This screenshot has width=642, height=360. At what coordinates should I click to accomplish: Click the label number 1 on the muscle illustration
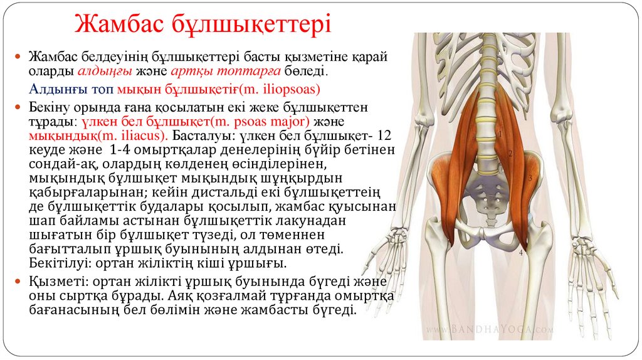[x=500, y=133]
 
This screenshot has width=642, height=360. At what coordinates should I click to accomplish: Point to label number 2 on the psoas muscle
[x=510, y=154]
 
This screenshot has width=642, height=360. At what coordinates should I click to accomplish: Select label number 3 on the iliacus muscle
[x=530, y=179]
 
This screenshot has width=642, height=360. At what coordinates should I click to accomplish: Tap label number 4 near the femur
[x=521, y=253]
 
